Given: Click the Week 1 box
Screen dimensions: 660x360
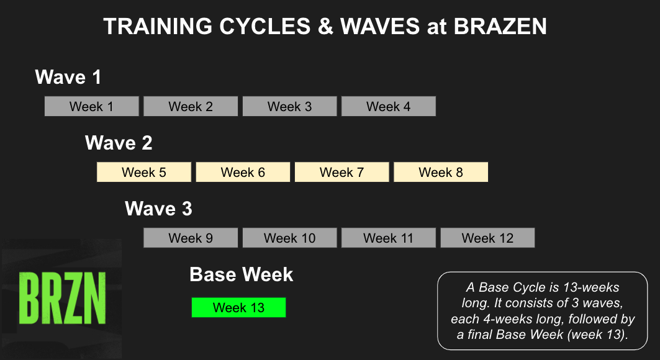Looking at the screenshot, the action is click(x=92, y=106).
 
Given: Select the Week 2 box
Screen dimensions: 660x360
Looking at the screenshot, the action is click(x=191, y=106).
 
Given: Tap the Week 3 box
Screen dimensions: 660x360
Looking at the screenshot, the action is click(x=289, y=106).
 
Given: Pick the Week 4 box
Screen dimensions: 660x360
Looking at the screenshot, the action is click(x=389, y=106).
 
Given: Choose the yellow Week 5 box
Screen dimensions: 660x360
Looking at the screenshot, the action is click(x=144, y=172).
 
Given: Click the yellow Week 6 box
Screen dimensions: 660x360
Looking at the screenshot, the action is click(x=243, y=172).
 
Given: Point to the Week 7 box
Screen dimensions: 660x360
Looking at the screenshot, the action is click(x=341, y=172).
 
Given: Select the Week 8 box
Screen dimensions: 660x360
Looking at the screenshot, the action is click(x=441, y=172).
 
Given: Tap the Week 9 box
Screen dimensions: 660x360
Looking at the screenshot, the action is click(x=191, y=238).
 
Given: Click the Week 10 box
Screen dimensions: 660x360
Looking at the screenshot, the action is click(x=289, y=238).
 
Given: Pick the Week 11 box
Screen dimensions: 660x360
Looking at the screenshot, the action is click(x=389, y=238).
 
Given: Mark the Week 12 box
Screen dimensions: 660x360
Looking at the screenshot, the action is click(x=487, y=238).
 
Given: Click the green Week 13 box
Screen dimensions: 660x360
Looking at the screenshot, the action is click(x=238, y=307).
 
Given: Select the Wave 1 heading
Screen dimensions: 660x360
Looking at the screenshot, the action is click(x=68, y=78).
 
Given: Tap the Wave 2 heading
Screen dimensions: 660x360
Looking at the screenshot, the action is click(x=119, y=143).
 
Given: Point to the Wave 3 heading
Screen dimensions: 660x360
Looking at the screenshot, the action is click(x=159, y=209).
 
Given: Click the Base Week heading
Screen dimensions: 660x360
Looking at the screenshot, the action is click(x=241, y=274).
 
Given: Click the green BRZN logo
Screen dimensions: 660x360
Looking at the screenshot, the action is click(x=62, y=298).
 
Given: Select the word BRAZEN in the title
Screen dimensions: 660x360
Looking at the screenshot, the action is click(x=500, y=27).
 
